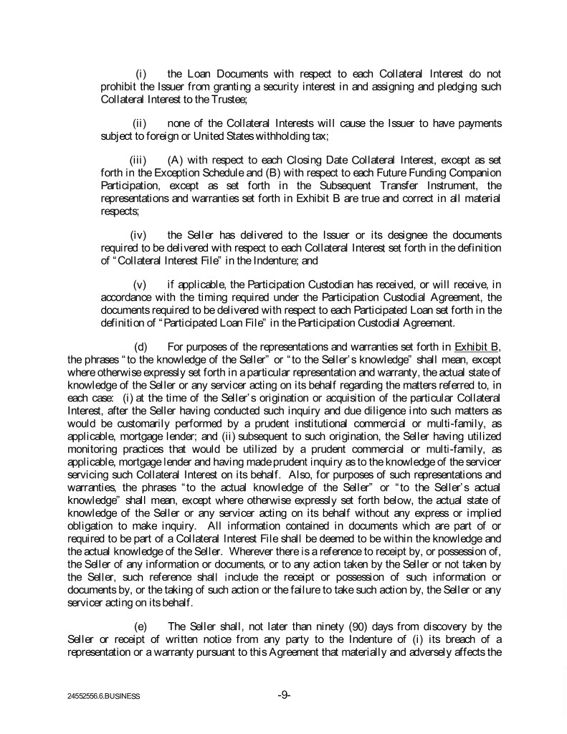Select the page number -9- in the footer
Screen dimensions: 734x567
coord(284,695)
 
